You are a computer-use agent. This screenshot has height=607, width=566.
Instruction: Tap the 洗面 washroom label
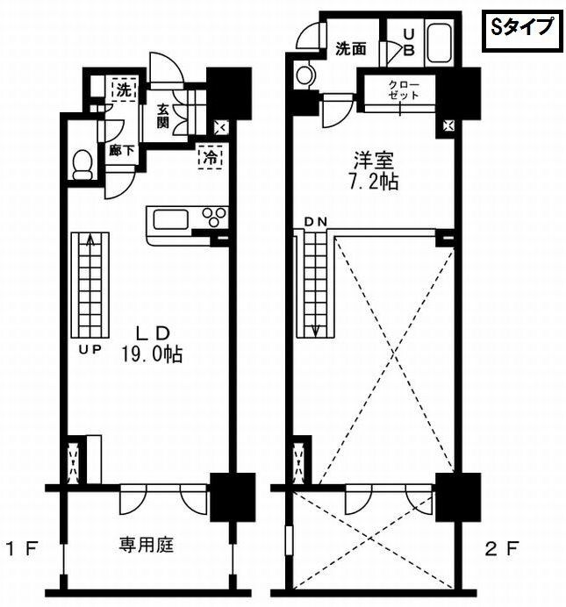click(351, 49)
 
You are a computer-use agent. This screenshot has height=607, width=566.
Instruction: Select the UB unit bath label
click(408, 41)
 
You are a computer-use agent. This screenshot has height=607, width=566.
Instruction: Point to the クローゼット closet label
click(405, 89)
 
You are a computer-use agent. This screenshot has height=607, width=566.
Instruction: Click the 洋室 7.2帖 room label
click(375, 171)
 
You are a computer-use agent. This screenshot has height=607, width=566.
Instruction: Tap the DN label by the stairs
click(316, 222)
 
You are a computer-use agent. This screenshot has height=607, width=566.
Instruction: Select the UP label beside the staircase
click(90, 348)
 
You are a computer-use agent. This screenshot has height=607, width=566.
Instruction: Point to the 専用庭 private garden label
click(147, 545)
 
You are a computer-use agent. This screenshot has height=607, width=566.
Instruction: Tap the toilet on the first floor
click(83, 164)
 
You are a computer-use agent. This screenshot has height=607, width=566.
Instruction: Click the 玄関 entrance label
click(163, 116)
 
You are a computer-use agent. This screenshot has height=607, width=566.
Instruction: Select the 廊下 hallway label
click(122, 150)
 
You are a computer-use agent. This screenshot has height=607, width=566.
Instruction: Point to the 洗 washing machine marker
click(124, 88)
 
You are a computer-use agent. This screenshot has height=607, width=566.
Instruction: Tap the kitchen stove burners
click(214, 216)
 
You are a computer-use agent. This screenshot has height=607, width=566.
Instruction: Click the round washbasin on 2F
click(305, 75)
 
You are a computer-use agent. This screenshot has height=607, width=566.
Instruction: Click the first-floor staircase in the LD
click(90, 285)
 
